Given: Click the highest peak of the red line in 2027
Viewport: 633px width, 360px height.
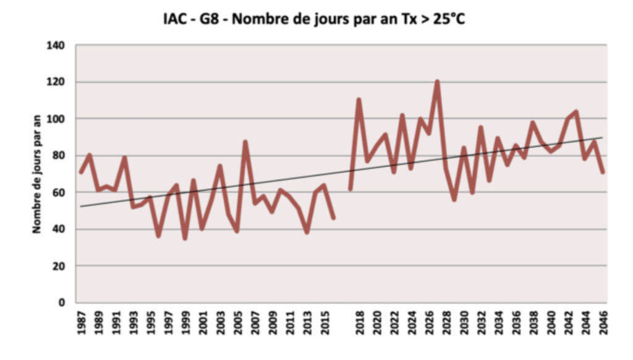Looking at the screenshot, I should [437, 82].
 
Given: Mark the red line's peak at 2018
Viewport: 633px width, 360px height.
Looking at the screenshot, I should [359, 100].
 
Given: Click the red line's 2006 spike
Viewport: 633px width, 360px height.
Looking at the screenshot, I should [245, 142].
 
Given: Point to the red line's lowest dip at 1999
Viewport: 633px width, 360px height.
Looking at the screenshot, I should [185, 238].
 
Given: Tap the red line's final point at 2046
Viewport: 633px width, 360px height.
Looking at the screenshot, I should [602, 172].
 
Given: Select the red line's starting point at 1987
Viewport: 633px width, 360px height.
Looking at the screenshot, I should [81, 172].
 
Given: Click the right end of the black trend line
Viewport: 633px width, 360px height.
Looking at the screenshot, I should [602, 137].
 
